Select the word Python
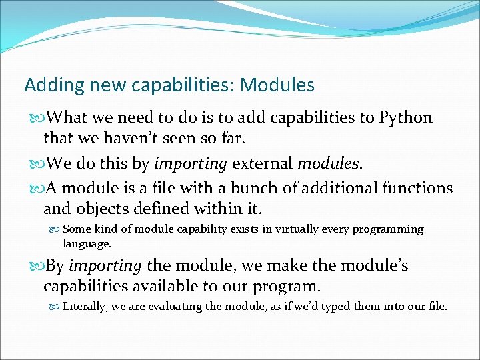[x=405, y=118]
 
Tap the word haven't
[x=126, y=139]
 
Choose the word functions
[x=417, y=189]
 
